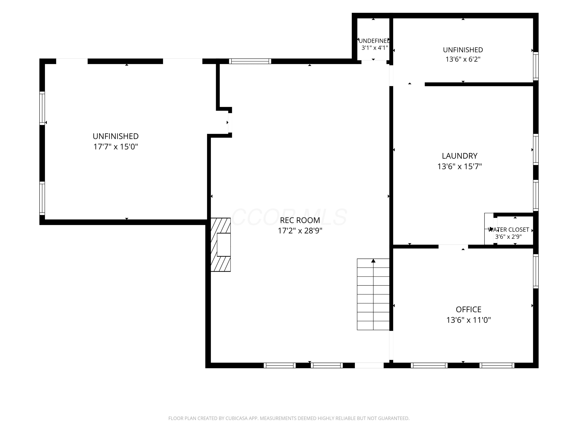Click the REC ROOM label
click(x=300, y=220)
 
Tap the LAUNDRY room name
click(x=460, y=156)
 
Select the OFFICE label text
click(x=469, y=309)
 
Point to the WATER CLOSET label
click(x=508, y=230)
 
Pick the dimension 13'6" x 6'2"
click(x=463, y=59)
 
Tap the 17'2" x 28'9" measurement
click(x=300, y=231)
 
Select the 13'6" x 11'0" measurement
click(x=469, y=320)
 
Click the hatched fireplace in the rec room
click(x=221, y=245)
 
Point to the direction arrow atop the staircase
click(x=373, y=261)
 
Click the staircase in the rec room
click(x=373, y=294)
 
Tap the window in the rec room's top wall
click(x=250, y=61)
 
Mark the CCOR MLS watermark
click(x=289, y=217)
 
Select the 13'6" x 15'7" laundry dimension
click(x=460, y=166)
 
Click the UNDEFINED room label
click(x=374, y=41)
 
